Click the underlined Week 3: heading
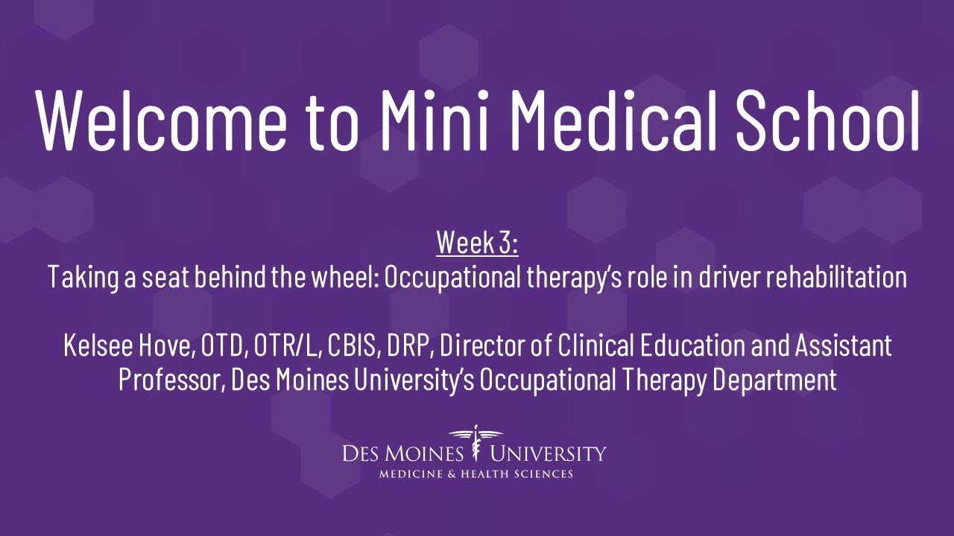pos(477,242)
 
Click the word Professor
pos(171,380)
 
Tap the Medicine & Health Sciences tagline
pos(476,474)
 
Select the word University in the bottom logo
pos(549,453)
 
